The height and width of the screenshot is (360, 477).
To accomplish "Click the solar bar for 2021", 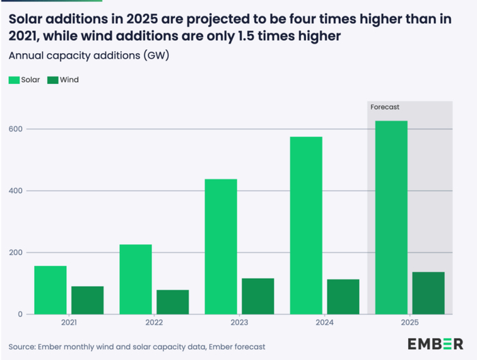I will [x=50, y=290].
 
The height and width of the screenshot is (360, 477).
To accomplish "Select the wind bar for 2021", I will [x=87, y=300].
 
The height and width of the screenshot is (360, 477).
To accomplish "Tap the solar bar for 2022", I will [x=136, y=279].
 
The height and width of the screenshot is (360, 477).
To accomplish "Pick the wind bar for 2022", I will [x=172, y=302].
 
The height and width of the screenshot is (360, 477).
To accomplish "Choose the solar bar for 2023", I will [x=221, y=246].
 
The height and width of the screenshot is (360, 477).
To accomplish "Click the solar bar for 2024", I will [x=306, y=225].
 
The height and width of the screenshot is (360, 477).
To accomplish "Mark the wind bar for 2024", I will [x=343, y=297].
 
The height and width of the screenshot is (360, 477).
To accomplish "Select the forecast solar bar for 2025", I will [x=391, y=217].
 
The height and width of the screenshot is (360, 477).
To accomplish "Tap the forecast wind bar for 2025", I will [x=428, y=293].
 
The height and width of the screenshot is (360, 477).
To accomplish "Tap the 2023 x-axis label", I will [x=239, y=322].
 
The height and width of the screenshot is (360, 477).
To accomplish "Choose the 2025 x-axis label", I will [x=410, y=322].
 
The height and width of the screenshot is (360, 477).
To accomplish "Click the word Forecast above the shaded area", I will [x=384, y=107].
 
